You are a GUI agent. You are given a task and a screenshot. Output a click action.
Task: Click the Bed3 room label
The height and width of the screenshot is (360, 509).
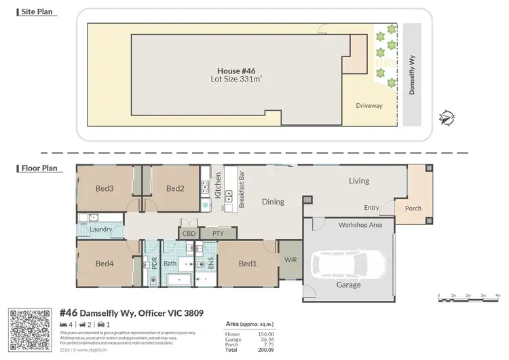point(104,188)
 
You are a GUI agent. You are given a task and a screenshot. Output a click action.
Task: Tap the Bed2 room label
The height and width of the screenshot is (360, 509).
point(175,188)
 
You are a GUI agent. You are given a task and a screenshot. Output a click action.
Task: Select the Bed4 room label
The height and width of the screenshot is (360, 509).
point(104,264)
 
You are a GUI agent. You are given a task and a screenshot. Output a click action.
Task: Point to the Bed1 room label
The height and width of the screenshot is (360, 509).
point(248,264)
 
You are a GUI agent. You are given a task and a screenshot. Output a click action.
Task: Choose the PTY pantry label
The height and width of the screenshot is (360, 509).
point(218,234)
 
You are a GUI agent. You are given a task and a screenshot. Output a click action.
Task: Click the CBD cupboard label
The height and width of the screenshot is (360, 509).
point(189,234)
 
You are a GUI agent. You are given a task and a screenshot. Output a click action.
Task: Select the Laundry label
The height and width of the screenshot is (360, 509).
point(100,230)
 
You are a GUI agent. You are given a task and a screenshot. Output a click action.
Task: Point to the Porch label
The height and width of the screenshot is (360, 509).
point(413,209)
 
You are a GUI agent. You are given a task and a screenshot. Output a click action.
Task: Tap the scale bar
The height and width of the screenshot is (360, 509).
point(469,298)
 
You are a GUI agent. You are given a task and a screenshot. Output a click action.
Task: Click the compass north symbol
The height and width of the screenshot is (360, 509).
point(446,119)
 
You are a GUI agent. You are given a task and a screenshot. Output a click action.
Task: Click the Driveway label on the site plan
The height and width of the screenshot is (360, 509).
point(369,106)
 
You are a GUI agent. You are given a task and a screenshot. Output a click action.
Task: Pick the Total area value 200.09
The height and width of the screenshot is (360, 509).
point(266,350)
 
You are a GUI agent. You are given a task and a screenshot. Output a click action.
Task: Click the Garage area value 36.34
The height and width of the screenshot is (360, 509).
point(266,340)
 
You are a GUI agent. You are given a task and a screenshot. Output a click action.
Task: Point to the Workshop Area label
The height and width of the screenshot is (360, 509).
point(360,224)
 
